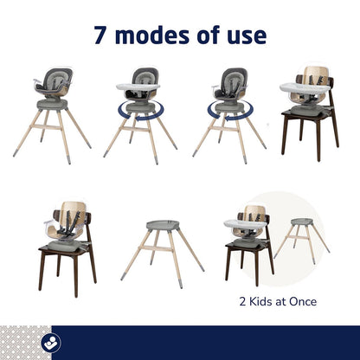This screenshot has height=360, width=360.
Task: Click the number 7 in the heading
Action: pyautogui.click(x=100, y=35)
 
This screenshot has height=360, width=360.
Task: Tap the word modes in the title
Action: pyautogui.click(x=152, y=35)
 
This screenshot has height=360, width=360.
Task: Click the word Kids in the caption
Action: pyautogui.click(x=260, y=301)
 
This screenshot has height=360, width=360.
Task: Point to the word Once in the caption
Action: pyautogui.click(x=303, y=301)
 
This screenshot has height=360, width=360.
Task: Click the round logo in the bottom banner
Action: pyautogui.click(x=51, y=342)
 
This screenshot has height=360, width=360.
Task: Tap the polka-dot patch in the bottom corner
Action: pyautogui.click(x=26, y=343)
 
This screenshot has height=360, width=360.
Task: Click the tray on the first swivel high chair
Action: pyautogui.click(x=138, y=87)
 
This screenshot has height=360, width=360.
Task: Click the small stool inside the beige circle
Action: pyautogui.click(x=301, y=240)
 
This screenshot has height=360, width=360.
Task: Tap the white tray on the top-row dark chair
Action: pyautogui.click(x=305, y=87)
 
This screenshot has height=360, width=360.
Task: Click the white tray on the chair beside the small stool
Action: pyautogui.click(x=245, y=224)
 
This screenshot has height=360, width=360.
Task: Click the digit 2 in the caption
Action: pyautogui.click(x=242, y=302)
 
